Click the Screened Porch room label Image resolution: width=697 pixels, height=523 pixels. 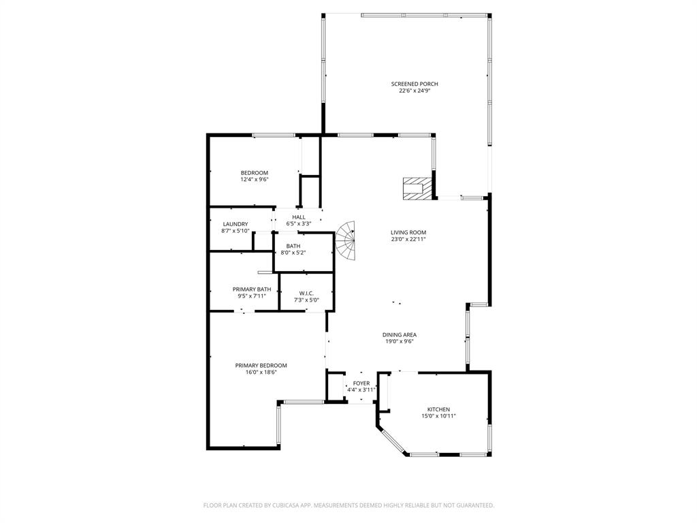(x=415, y=84)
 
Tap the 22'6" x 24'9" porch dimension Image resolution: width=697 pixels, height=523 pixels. (x=415, y=90)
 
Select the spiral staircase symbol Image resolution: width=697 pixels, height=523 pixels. (x=346, y=242)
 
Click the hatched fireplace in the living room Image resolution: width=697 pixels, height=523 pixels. (x=417, y=188)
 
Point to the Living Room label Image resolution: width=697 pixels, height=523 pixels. (x=408, y=232)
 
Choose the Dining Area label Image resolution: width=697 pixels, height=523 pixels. (x=400, y=334)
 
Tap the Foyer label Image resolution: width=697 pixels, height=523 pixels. (x=361, y=383)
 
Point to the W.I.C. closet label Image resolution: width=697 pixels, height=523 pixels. (x=306, y=293)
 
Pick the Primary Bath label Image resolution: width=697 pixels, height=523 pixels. (x=252, y=289)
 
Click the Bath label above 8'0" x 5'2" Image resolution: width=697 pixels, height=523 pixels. (x=293, y=246)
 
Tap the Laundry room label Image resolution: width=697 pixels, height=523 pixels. (x=235, y=224)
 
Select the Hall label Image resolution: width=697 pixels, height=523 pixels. (x=299, y=217)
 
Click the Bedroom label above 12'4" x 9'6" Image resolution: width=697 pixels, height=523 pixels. (x=255, y=172)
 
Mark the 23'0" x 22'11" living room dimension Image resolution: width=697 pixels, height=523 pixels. (x=408, y=239)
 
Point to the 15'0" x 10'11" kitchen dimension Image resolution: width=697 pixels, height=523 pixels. (x=438, y=416)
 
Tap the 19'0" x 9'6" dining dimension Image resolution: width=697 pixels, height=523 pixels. (x=400, y=341)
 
